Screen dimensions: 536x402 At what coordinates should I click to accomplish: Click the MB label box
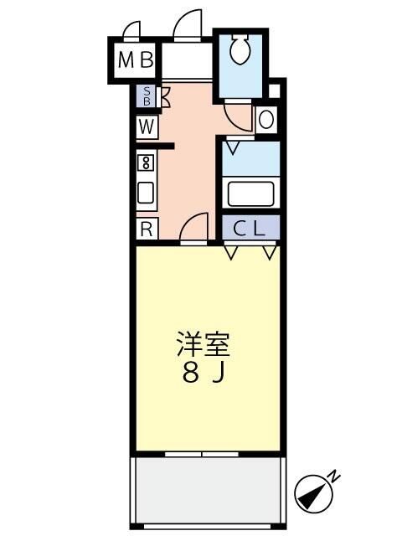[x=136, y=60]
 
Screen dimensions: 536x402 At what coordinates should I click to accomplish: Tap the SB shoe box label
[x=147, y=95]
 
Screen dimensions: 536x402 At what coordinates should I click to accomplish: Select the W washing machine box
[x=147, y=126]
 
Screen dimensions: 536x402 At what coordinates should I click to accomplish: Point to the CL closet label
[x=250, y=228]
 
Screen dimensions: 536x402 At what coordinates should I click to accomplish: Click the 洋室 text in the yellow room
[x=204, y=345]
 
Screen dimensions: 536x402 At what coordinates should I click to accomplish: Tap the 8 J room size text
[x=204, y=374]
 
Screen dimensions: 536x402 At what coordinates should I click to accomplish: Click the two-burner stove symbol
[x=146, y=162]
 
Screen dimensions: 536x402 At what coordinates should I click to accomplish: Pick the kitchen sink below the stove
[x=146, y=193]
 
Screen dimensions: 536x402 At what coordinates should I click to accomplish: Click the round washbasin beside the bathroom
[x=266, y=120]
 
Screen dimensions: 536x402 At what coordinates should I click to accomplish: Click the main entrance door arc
[x=188, y=25]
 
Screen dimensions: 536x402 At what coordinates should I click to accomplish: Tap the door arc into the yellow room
[x=194, y=226]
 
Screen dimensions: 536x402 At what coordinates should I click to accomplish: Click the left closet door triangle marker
[x=231, y=251]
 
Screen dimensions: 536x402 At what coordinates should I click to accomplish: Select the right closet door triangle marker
[x=269, y=251]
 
